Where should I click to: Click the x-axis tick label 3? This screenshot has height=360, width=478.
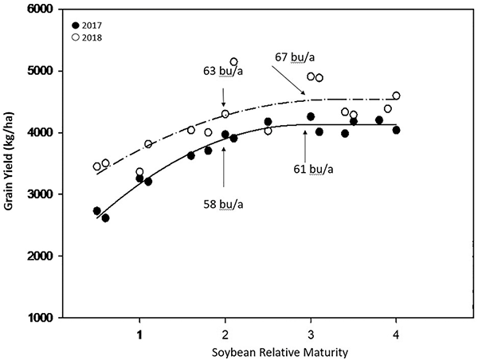click(311, 333)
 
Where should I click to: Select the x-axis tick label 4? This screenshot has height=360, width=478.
click(396, 333)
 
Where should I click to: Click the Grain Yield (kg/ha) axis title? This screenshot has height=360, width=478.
click(10, 163)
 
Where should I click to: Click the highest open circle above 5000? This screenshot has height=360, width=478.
click(234, 61)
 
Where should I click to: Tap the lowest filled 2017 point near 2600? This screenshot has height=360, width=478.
click(105, 217)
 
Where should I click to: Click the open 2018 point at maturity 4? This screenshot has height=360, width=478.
click(396, 96)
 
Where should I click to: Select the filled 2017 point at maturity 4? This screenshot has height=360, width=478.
click(396, 130)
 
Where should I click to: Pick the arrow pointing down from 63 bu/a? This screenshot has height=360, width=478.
click(224, 98)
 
